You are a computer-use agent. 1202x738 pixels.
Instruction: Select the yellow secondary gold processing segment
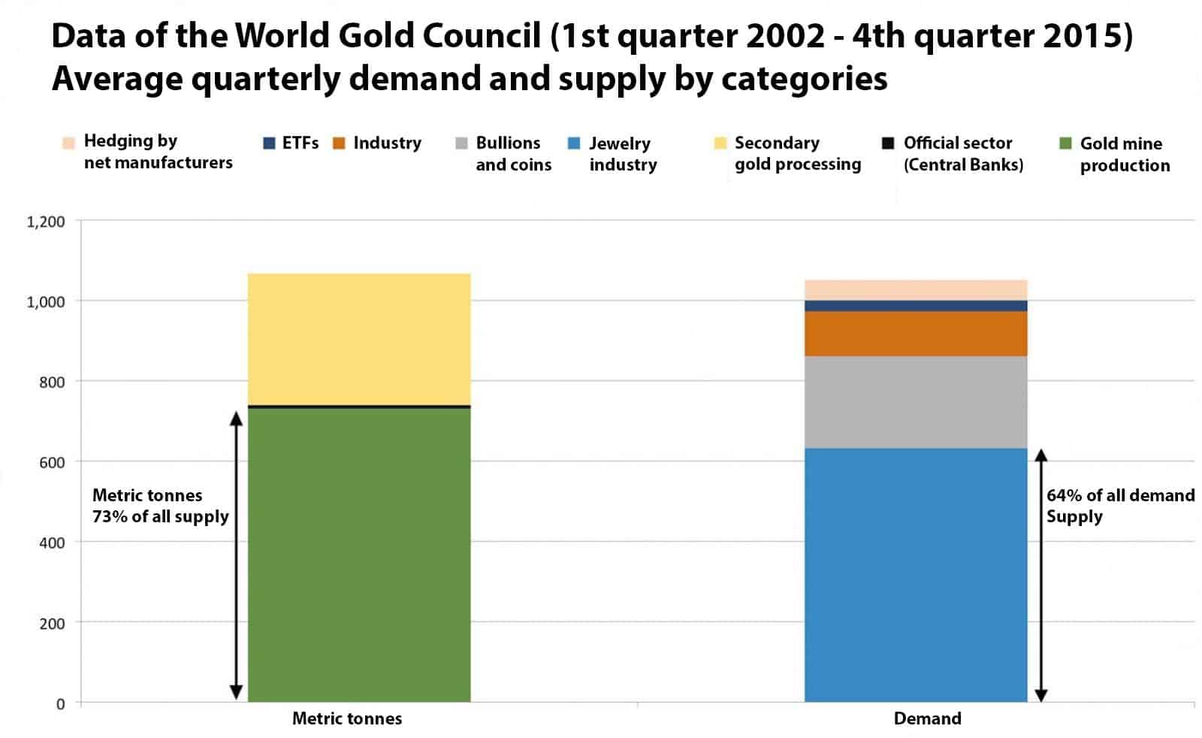[358, 339]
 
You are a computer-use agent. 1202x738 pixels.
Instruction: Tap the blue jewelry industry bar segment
[915, 575]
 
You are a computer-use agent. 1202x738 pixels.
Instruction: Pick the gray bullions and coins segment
[915, 402]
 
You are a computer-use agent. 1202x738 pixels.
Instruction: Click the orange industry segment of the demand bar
[915, 334]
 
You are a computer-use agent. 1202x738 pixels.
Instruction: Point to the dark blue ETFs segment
[915, 306]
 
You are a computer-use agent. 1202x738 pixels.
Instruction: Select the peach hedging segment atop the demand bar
[915, 290]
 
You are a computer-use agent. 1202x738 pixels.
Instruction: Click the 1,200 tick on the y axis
[46, 222]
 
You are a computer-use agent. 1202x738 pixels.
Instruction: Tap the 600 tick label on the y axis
[52, 462]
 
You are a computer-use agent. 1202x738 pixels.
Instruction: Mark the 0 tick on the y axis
[60, 704]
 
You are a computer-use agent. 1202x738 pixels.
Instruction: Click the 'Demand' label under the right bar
[927, 718]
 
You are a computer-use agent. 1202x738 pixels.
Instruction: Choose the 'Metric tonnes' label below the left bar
[346, 718]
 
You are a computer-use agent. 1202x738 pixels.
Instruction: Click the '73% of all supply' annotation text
[160, 516]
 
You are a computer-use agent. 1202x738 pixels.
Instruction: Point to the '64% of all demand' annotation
[1120, 495]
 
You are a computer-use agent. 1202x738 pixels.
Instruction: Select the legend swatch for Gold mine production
[1065, 143]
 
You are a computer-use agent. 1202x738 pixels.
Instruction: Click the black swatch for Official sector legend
[888, 143]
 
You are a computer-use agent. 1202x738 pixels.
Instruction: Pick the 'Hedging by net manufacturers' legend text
[158, 152]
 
